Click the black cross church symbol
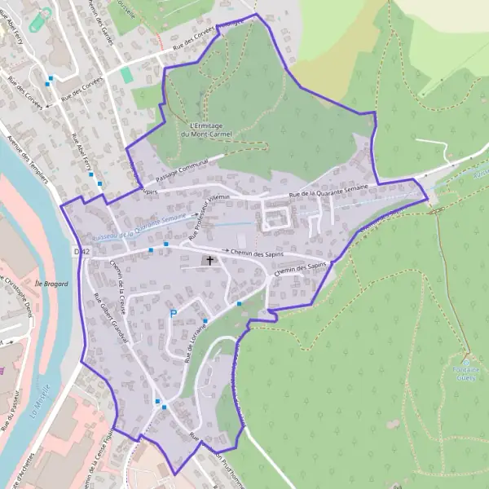click(x=210, y=261)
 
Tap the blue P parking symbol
click(x=173, y=314)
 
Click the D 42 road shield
click(x=80, y=253)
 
